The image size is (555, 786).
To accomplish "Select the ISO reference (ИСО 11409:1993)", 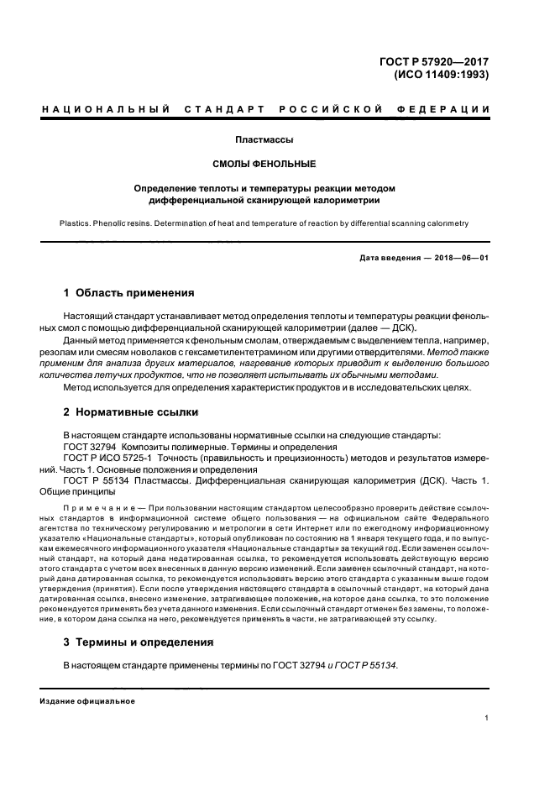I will (x=442, y=74).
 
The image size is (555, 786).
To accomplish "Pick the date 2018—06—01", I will (x=461, y=257).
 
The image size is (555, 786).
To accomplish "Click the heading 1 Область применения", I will (x=129, y=293).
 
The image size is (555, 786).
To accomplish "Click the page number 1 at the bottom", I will (x=487, y=718).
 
